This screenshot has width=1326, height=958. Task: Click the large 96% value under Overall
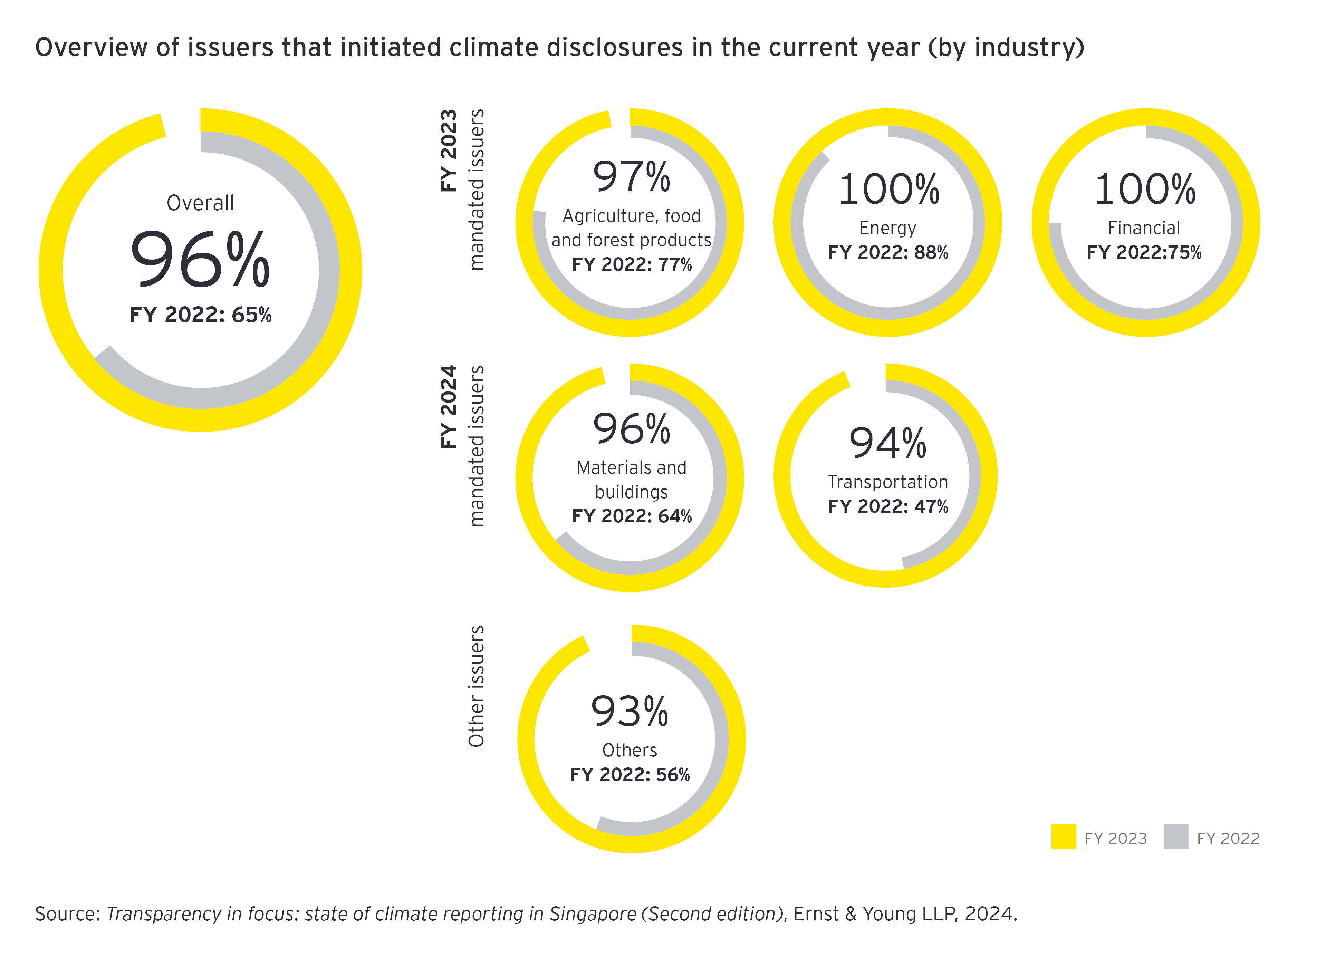click(200, 260)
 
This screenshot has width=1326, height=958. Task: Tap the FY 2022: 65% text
click(201, 315)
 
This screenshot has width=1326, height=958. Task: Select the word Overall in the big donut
click(200, 203)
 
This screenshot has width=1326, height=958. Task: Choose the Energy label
click(887, 228)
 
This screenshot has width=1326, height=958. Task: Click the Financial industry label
click(1144, 228)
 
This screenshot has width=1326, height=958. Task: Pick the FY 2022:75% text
click(1144, 252)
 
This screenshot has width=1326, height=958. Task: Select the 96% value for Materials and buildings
click(632, 429)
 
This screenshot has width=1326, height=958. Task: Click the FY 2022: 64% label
click(632, 516)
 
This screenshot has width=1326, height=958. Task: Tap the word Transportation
click(887, 482)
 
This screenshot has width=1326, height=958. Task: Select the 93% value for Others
click(630, 712)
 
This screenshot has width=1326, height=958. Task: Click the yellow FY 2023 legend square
click(1064, 836)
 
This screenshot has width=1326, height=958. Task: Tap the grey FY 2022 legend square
click(1176, 836)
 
